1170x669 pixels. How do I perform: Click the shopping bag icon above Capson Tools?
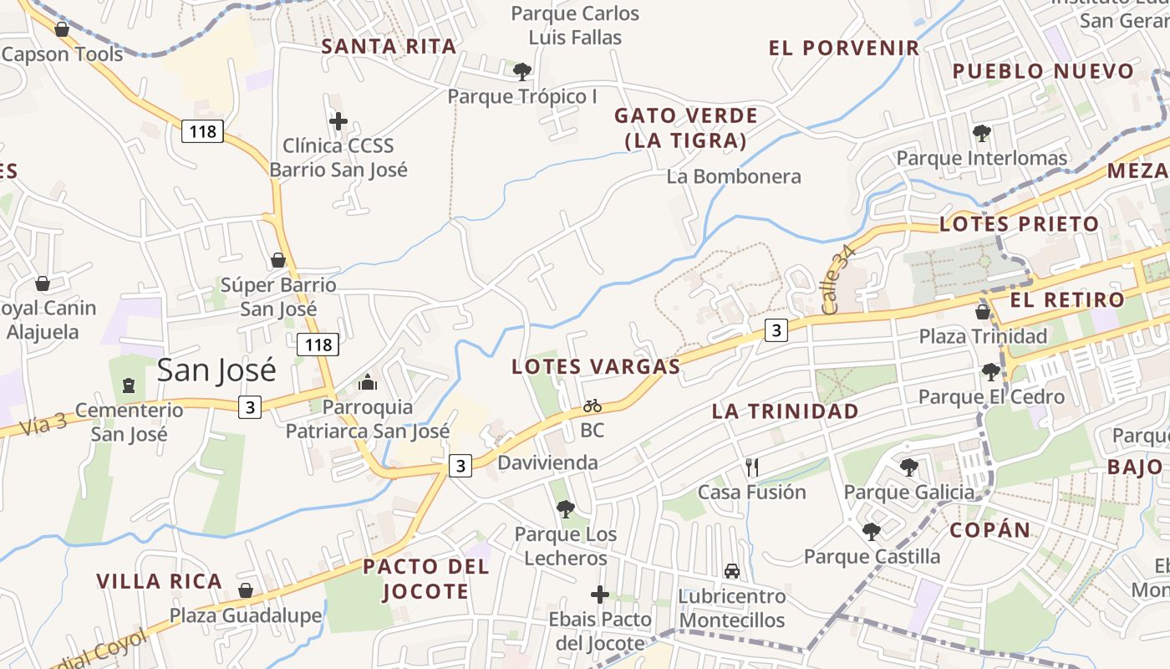click(61, 30)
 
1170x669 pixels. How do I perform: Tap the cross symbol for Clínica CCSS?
click(338, 122)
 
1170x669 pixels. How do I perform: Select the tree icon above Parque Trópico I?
click(522, 72)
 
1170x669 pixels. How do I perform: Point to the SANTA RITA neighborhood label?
click(389, 47)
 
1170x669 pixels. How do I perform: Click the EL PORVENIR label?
click(844, 48)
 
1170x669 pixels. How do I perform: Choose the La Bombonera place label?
click(734, 176)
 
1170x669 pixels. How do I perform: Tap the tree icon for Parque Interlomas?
click(982, 133)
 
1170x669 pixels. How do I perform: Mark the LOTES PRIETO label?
click(1019, 224)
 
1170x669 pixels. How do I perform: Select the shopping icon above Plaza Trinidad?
click(983, 312)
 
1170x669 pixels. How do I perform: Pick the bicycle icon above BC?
click(593, 406)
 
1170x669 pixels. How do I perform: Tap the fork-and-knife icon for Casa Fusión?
click(752, 467)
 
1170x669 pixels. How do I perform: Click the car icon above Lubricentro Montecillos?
click(732, 571)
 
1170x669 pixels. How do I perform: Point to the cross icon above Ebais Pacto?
click(600, 595)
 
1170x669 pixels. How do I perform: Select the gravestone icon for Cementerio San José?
click(128, 386)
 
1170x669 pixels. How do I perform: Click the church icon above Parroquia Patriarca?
click(368, 383)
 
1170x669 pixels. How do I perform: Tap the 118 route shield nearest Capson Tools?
click(202, 131)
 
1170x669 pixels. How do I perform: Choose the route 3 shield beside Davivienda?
click(460, 465)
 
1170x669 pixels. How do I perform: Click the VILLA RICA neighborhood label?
click(159, 581)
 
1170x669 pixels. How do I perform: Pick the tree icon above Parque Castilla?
click(872, 531)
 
